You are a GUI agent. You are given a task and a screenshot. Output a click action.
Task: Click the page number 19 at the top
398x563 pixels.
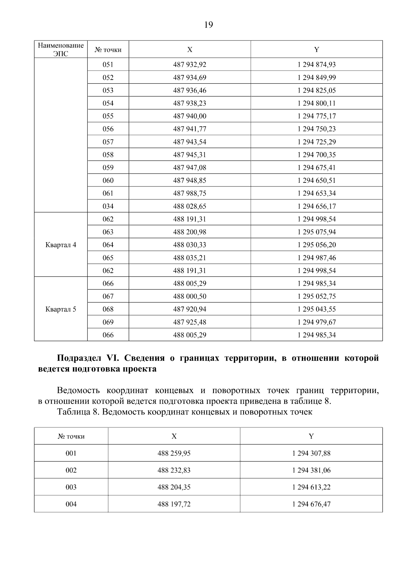click(x=209, y=25)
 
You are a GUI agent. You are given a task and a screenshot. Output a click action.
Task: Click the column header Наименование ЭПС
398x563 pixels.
click(x=61, y=49)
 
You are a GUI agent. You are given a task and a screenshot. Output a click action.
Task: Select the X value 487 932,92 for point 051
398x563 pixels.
click(x=189, y=65)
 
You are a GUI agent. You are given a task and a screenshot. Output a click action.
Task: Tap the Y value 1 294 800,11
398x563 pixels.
click(x=316, y=103)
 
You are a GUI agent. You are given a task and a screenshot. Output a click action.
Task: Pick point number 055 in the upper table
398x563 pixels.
click(x=108, y=116)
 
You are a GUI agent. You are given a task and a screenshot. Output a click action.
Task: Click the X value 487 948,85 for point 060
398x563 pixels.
click(x=189, y=180)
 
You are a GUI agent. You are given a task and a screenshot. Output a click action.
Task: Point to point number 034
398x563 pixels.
click(x=108, y=206)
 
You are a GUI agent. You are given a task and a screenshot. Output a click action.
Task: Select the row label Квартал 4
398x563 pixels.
click(x=61, y=245)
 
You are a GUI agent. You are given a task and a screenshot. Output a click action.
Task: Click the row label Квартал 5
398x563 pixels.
click(x=61, y=309)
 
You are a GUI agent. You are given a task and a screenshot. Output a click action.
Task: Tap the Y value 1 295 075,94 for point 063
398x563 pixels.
click(x=316, y=232)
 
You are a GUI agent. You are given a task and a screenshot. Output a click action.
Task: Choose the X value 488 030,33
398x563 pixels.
click(x=189, y=245)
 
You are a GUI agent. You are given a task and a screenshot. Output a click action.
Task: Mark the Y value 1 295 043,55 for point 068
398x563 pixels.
click(x=316, y=309)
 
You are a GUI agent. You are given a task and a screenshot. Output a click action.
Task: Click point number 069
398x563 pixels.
click(x=108, y=322)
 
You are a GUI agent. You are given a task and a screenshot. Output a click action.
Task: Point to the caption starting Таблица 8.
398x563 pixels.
click(x=184, y=412)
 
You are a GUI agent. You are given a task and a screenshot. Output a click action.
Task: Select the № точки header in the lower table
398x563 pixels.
click(x=71, y=436)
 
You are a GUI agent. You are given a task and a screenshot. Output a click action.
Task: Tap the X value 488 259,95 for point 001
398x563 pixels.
click(x=174, y=453)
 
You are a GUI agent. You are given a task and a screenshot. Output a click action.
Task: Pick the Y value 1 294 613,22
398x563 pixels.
click(x=311, y=487)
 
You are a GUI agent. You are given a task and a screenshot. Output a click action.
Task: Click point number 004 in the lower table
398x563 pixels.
click(x=71, y=504)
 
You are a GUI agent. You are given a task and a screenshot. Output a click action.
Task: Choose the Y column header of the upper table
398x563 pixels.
click(x=316, y=49)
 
